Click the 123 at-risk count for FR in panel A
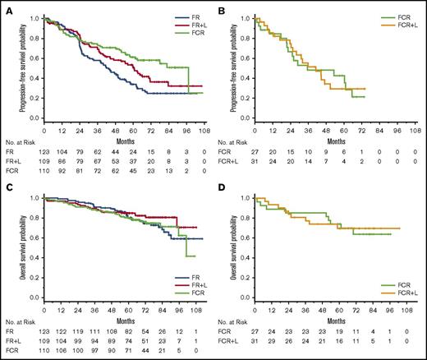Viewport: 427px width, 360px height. click(x=46, y=155)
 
